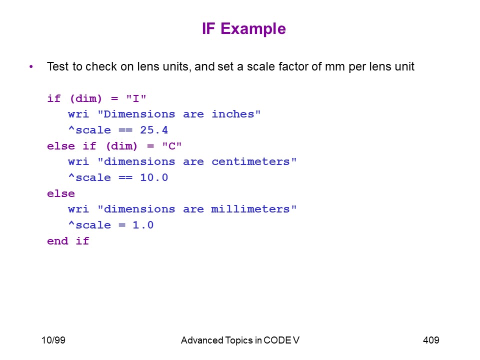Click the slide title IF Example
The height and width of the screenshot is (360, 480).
pyautogui.click(x=243, y=29)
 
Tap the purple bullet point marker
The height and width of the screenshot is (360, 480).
pyautogui.click(x=31, y=66)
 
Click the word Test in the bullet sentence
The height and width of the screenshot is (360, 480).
pyautogui.click(x=57, y=66)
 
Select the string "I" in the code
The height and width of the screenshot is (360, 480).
pyautogui.click(x=136, y=98)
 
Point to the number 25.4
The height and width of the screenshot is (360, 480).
pyautogui.click(x=154, y=130)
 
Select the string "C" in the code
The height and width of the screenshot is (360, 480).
pyautogui.click(x=172, y=146)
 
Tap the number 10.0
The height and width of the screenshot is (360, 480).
pyautogui.click(x=154, y=177)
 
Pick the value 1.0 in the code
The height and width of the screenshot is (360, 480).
pyautogui.click(x=143, y=225)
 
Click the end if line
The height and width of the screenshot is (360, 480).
pyautogui.click(x=68, y=241)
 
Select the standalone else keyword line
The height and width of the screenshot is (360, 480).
pyautogui.click(x=61, y=193)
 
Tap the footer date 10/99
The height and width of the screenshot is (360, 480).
pyautogui.click(x=53, y=340)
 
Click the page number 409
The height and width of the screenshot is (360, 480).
pyautogui.click(x=431, y=340)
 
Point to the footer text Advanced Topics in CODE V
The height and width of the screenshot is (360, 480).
pyautogui.click(x=240, y=340)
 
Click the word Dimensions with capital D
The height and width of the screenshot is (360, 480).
pyautogui.click(x=139, y=114)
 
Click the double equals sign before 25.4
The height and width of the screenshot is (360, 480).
pyautogui.click(x=125, y=130)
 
